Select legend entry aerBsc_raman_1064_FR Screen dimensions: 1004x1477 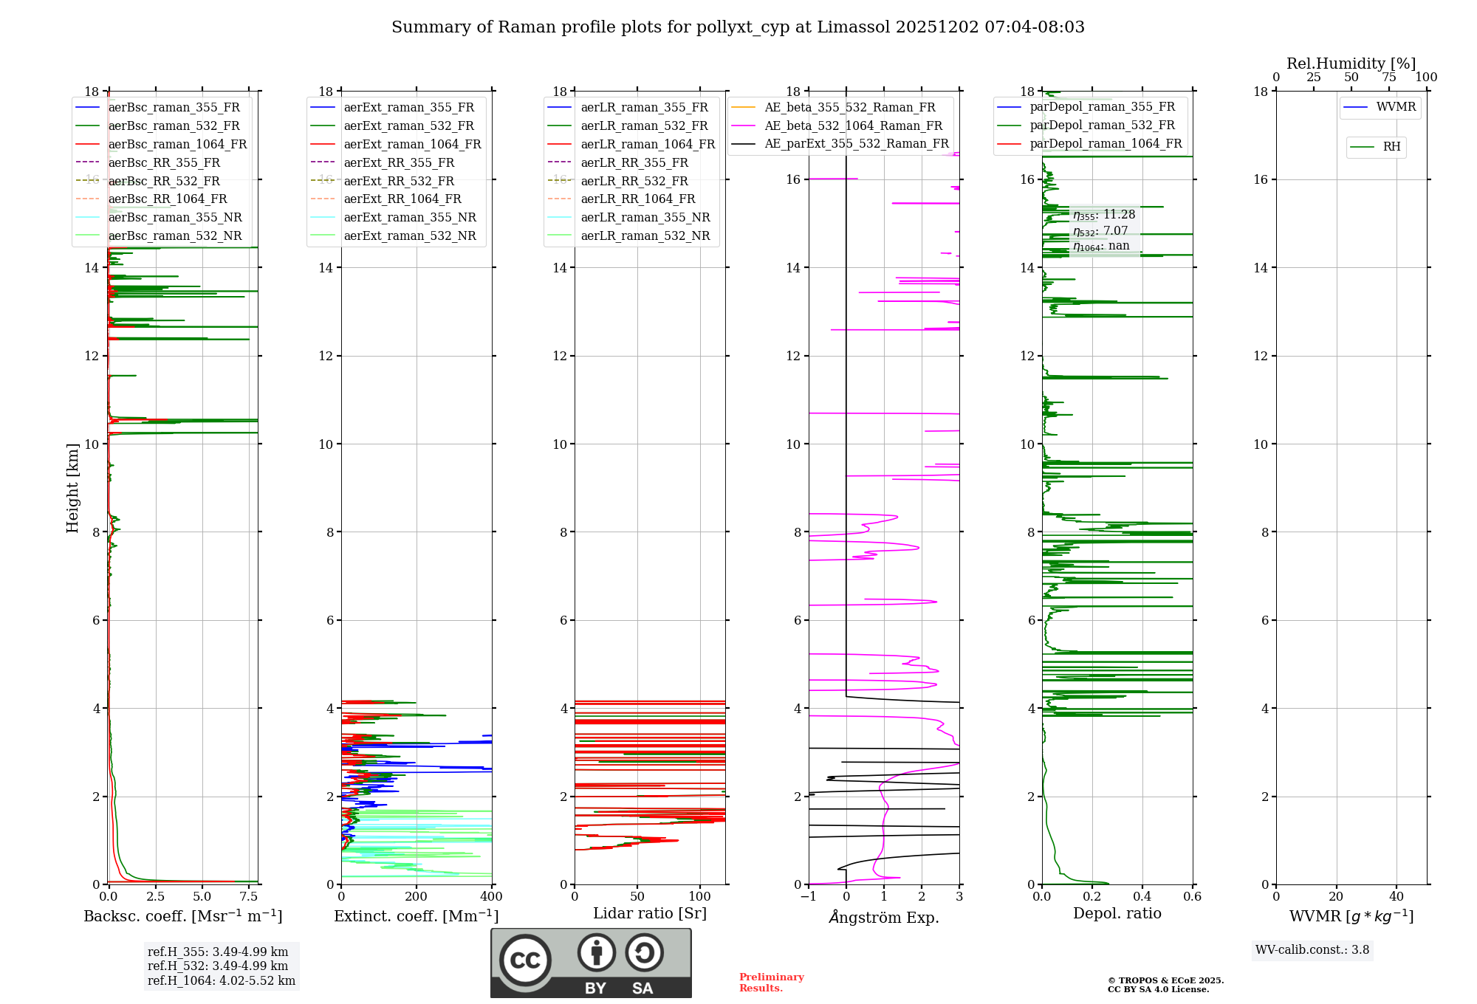pyautogui.click(x=177, y=144)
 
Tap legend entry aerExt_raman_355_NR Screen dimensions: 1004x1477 pyautogui.click(x=410, y=217)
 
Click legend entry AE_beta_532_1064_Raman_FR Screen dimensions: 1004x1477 pyautogui.click(x=853, y=125)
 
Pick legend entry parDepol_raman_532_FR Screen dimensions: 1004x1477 pyautogui.click(x=1102, y=125)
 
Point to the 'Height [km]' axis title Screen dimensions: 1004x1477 pyautogui.click(x=72, y=487)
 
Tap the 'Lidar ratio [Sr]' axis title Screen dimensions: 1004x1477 pyautogui.click(x=649, y=913)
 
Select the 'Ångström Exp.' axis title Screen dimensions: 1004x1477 pyautogui.click(x=883, y=917)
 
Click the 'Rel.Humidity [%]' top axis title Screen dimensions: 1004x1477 pyautogui.click(x=1351, y=63)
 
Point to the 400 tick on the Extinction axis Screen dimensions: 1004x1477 pyautogui.click(x=491, y=897)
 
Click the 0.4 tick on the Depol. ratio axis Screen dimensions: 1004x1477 pyautogui.click(x=1142, y=897)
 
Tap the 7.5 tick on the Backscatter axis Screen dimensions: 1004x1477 pyautogui.click(x=249, y=897)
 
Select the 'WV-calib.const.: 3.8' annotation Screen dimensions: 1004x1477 pyautogui.click(x=1312, y=950)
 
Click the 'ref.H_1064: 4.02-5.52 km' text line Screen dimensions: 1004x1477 pyautogui.click(x=221, y=981)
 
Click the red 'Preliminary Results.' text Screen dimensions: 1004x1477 pyautogui.click(x=771, y=983)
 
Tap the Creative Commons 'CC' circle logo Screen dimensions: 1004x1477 pyautogui.click(x=525, y=960)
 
